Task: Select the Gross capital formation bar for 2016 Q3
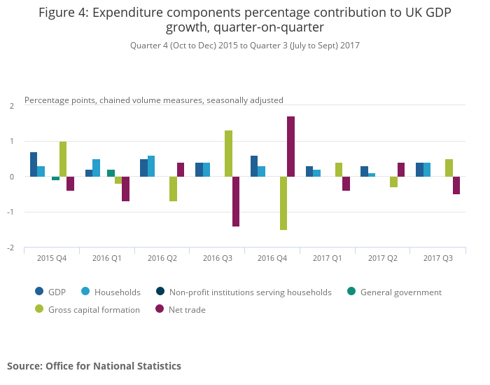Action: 228,154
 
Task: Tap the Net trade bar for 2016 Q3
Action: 236,201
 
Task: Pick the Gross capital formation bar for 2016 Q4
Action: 283,203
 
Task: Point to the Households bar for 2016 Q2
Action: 151,166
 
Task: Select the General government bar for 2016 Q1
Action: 111,173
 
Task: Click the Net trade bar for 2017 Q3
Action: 456,185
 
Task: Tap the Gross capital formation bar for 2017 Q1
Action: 339,170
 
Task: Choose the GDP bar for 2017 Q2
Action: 364,172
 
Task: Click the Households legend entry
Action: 117,292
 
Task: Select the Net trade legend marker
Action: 160,309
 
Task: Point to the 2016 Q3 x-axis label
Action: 218,258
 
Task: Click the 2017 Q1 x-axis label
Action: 328,258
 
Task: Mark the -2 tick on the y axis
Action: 11,248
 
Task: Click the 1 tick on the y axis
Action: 13,141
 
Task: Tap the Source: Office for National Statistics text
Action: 94,366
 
